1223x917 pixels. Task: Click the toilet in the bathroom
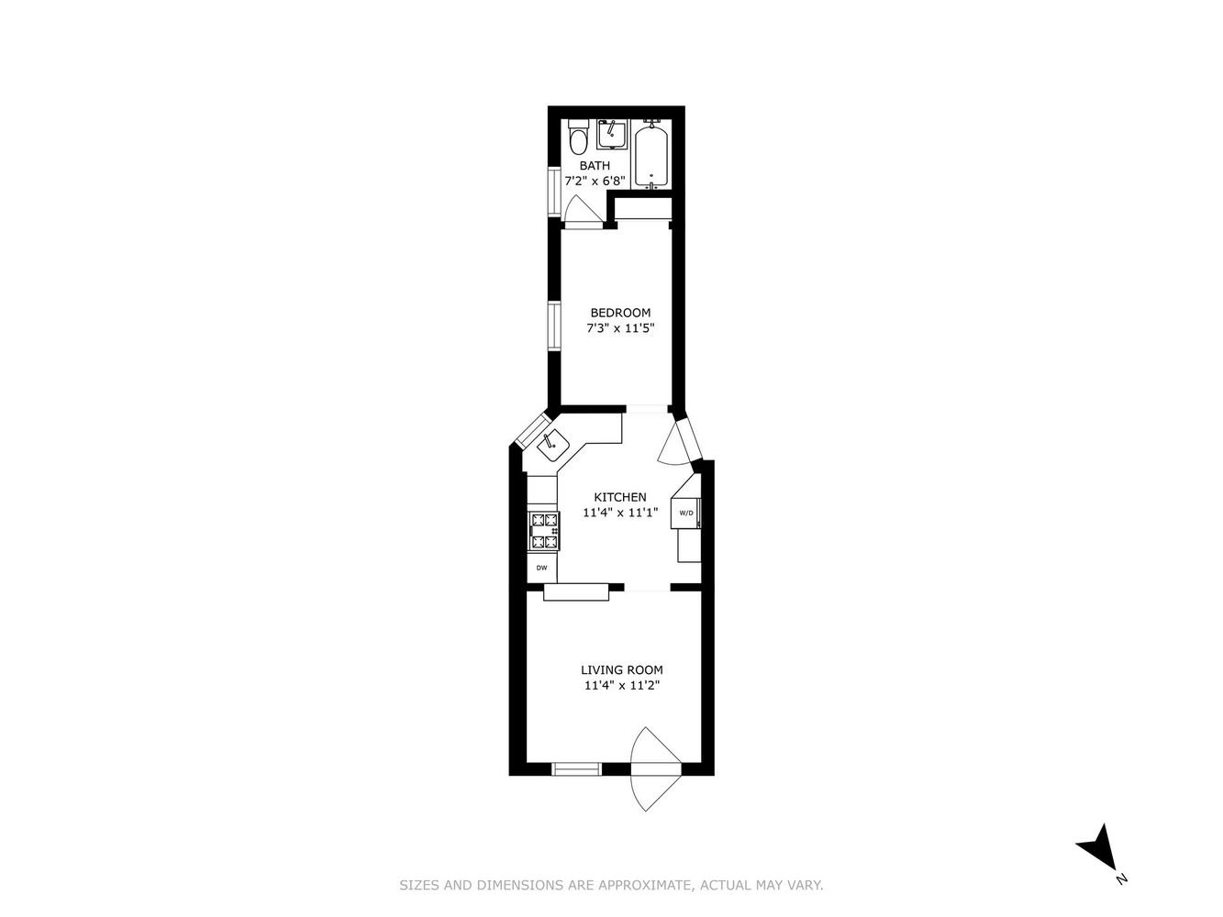[x=578, y=138]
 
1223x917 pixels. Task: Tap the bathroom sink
[x=612, y=134]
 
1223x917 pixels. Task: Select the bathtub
[x=651, y=154]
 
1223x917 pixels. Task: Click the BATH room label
[x=595, y=165]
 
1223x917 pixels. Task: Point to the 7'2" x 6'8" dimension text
[x=595, y=181]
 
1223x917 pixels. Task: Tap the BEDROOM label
[x=620, y=313]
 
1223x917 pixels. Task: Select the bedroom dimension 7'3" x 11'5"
[x=620, y=328]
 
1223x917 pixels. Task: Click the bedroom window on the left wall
[x=554, y=326]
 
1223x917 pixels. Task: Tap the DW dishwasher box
[x=541, y=568]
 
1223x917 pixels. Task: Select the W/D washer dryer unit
[x=686, y=513]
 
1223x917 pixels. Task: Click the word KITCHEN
[x=620, y=497]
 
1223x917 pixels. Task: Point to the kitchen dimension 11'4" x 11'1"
[x=620, y=513]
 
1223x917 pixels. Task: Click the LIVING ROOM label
[x=622, y=669]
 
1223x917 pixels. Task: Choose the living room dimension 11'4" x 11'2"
[x=622, y=685]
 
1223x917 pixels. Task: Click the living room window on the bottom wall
[x=577, y=768]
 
